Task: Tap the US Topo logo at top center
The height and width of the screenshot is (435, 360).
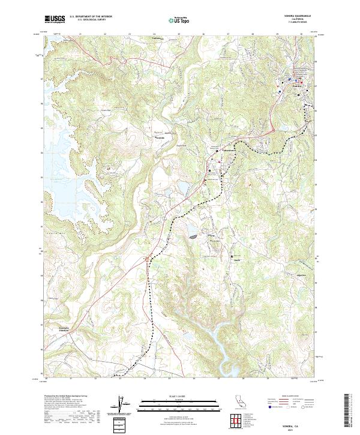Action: (x=181, y=19)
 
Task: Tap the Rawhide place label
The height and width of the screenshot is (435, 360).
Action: (x=160, y=136)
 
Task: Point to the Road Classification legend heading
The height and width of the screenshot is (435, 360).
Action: (x=295, y=397)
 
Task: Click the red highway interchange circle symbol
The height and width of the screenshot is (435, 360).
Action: (x=146, y=259)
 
